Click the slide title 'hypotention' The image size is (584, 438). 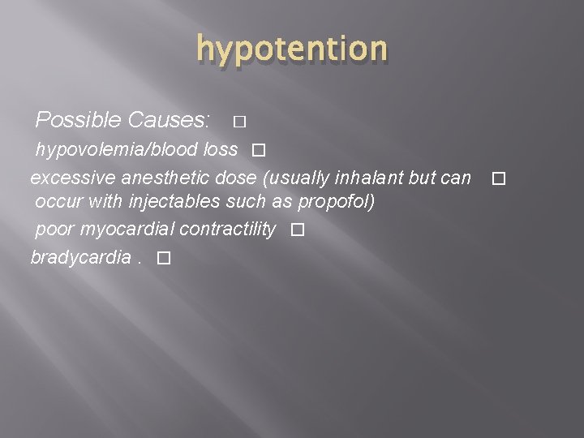tap(292, 49)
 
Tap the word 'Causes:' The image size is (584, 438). tap(170, 121)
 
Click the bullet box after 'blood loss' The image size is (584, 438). tap(258, 151)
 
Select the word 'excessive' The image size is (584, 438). tap(71, 176)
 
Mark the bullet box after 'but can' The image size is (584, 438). tap(498, 178)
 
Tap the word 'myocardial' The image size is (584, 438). tap(126, 230)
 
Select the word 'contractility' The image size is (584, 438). tap(227, 230)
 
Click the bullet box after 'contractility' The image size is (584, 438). tap(297, 231)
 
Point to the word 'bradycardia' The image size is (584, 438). tap(80, 257)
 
